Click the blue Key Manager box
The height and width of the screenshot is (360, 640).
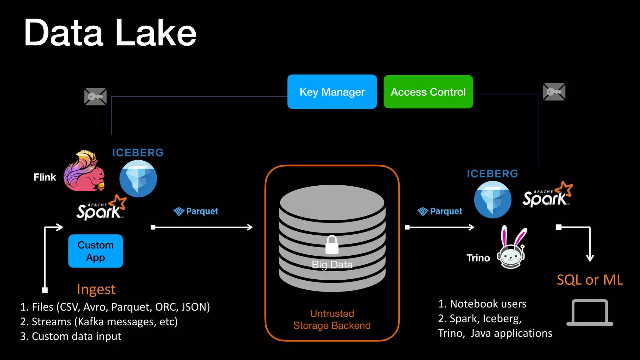click(x=332, y=92)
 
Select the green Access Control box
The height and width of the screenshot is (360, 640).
click(x=428, y=92)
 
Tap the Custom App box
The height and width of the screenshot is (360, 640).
click(x=95, y=251)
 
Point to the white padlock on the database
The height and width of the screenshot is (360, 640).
click(x=332, y=245)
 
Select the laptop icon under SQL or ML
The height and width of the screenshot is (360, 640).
click(x=590, y=312)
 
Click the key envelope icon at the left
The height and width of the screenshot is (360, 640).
click(x=95, y=97)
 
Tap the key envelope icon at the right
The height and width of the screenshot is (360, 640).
click(x=554, y=92)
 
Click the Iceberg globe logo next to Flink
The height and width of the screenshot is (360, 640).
click(x=138, y=178)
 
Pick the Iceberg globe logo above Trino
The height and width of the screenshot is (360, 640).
click(x=492, y=199)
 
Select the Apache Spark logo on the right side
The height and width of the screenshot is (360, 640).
click(x=547, y=195)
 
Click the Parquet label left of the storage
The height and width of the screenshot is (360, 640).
click(x=196, y=212)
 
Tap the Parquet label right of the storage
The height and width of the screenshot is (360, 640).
click(x=440, y=212)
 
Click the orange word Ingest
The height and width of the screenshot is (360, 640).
click(x=96, y=289)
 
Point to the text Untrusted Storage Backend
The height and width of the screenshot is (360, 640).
click(x=332, y=319)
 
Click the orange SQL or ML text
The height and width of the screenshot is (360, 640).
click(x=590, y=280)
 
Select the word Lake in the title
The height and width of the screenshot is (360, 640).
click(x=156, y=33)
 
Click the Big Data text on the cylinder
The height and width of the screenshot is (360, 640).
click(x=332, y=265)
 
